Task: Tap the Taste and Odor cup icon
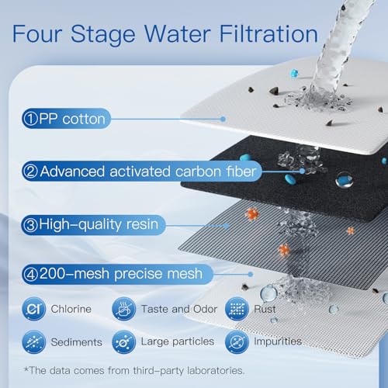(123, 310)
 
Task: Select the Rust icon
(237, 310)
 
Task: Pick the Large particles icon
(123, 341)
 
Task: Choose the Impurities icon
(237, 341)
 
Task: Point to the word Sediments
(78, 341)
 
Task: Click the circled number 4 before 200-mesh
(29, 273)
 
